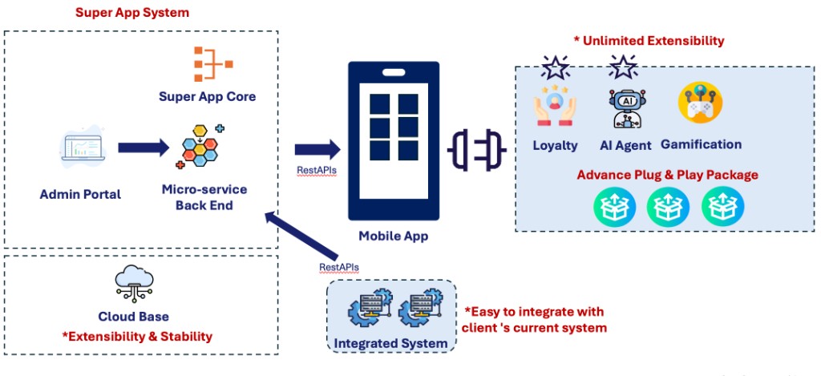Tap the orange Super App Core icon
pyautogui.click(x=206, y=65)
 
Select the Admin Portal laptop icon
pyautogui.click(x=83, y=150)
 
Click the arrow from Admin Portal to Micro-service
pyautogui.click(x=144, y=148)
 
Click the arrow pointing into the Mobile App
pyautogui.click(x=317, y=150)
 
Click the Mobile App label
pyautogui.click(x=393, y=236)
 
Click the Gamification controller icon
pyautogui.click(x=700, y=103)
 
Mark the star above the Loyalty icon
pyautogui.click(x=555, y=67)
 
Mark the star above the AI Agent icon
pyautogui.click(x=623, y=67)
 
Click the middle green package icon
pyautogui.click(x=667, y=206)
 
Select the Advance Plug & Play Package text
pyautogui.click(x=667, y=175)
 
